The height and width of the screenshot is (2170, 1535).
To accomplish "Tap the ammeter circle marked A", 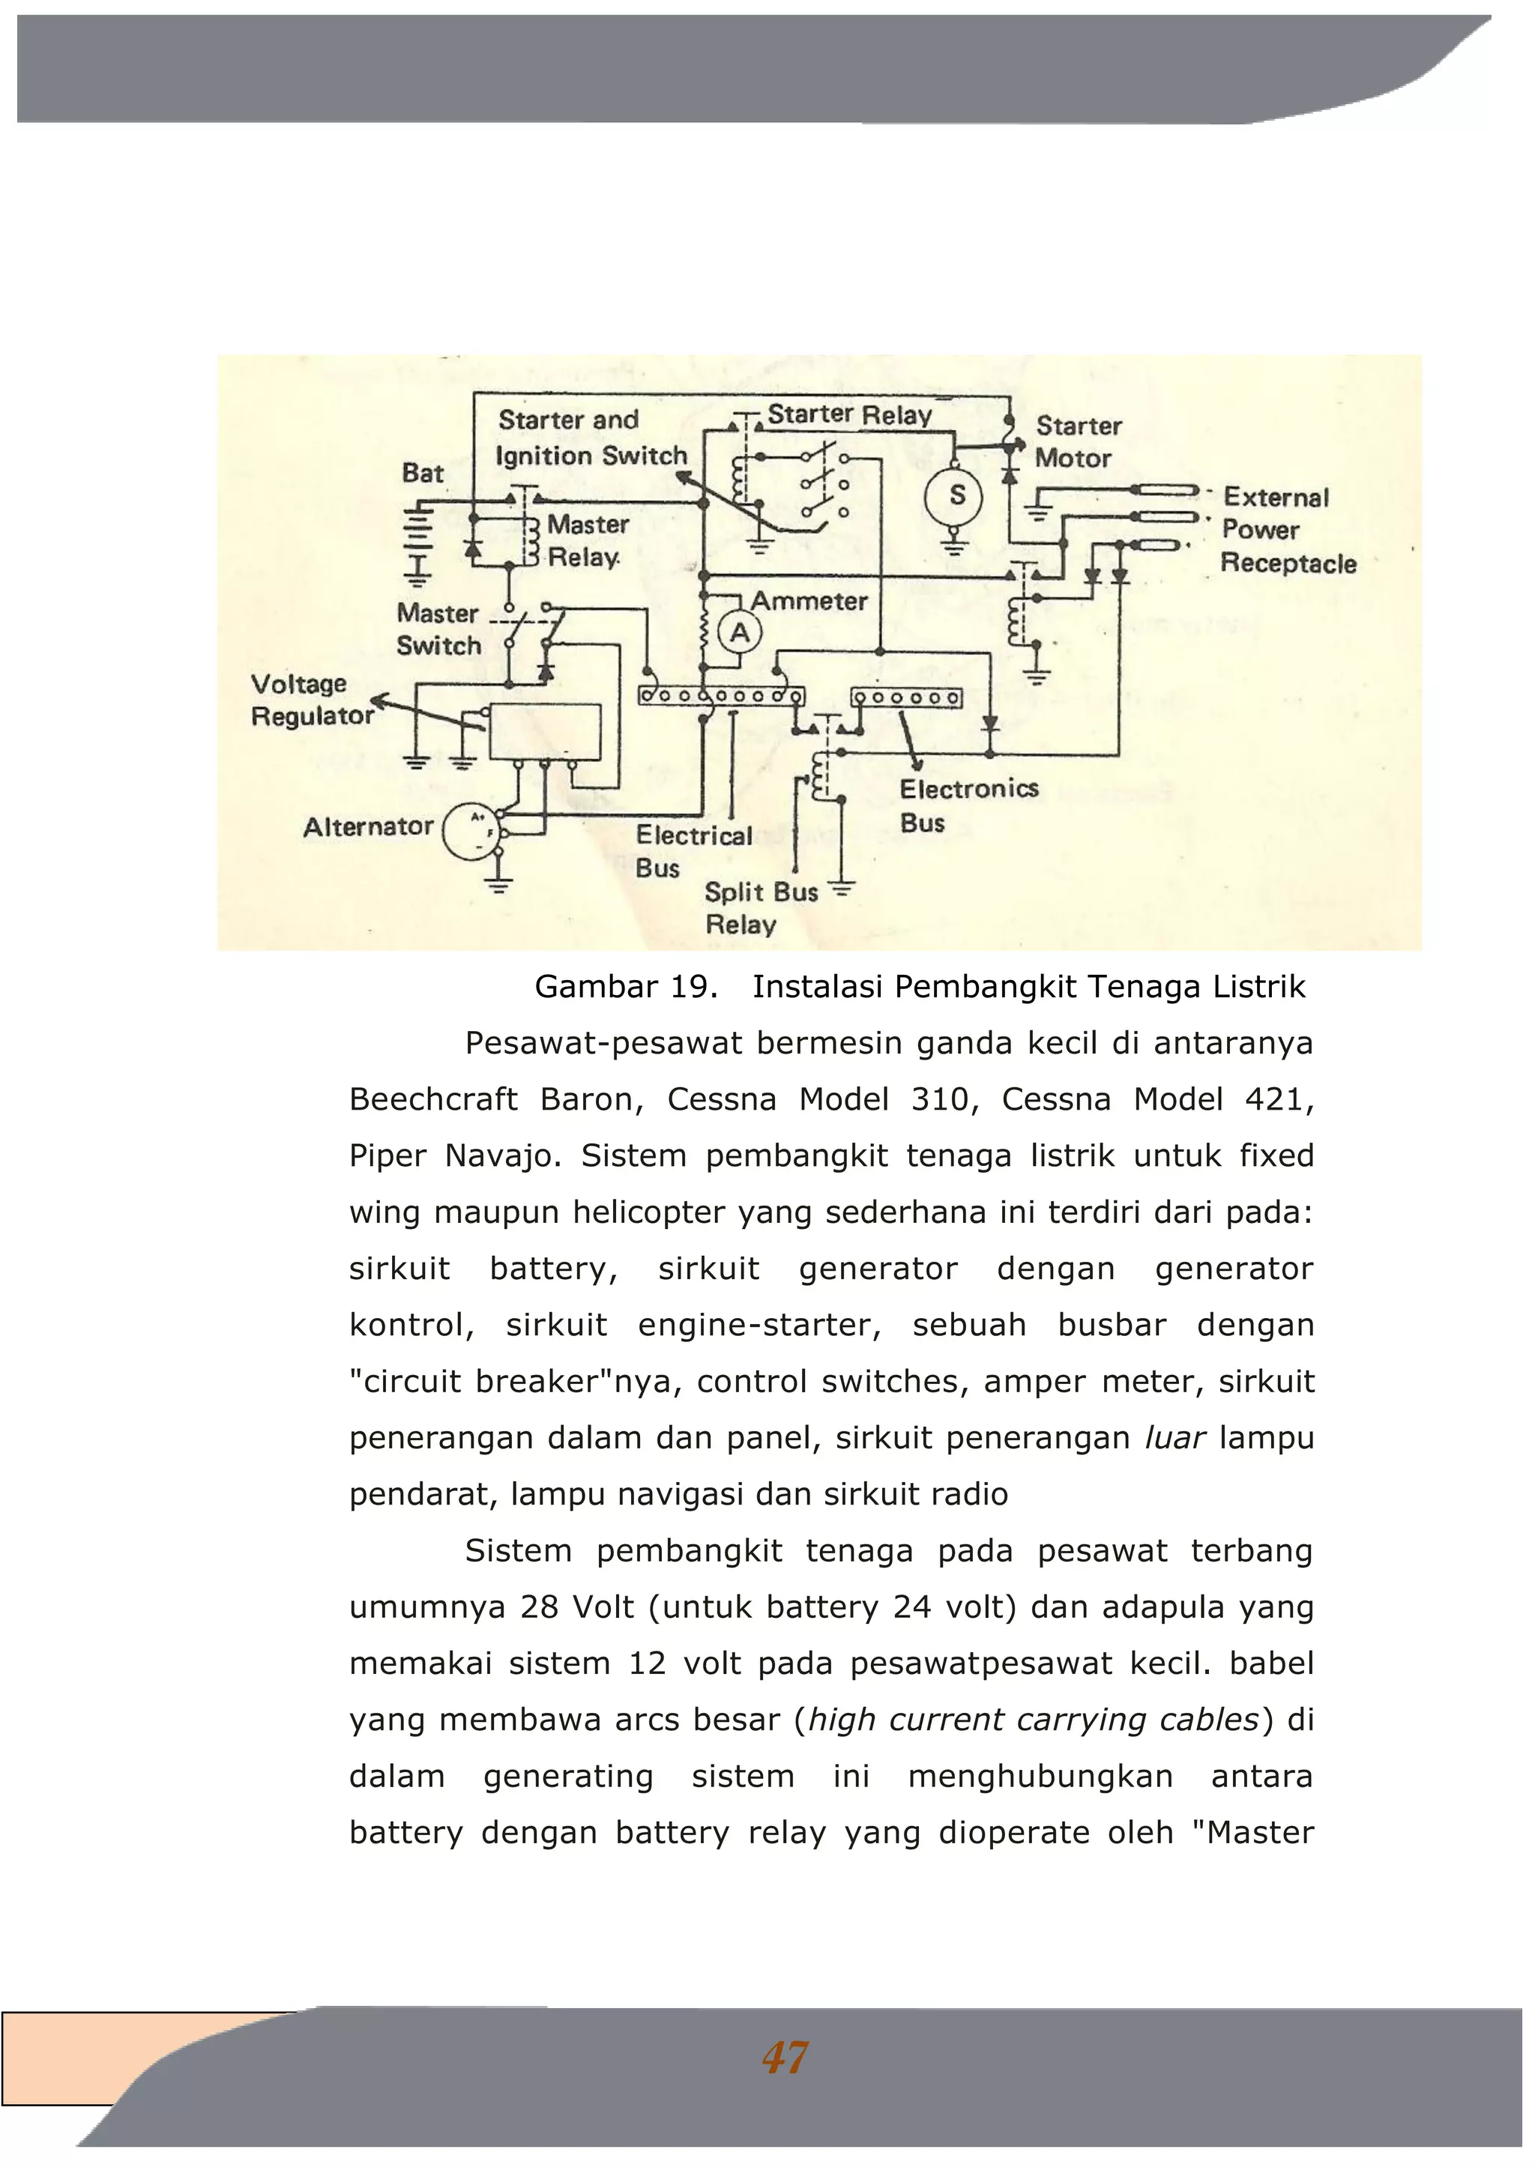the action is [740, 632].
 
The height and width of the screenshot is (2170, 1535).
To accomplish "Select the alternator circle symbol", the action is [471, 831].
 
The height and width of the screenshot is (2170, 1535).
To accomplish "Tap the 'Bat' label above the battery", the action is [423, 473].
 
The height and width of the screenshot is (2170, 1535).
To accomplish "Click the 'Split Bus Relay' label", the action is [760, 907].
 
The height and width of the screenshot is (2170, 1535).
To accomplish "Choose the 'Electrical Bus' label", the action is [693, 850].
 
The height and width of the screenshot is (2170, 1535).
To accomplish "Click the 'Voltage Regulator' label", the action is [312, 699].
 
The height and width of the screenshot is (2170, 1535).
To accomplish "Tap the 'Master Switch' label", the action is [438, 629].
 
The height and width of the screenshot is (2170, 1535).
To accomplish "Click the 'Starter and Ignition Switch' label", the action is [591, 438].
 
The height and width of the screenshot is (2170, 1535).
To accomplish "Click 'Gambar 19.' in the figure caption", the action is [626, 987].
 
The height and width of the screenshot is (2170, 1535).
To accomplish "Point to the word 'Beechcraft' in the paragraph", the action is [433, 1099].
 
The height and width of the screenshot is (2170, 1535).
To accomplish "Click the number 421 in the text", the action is [1278, 1099].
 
